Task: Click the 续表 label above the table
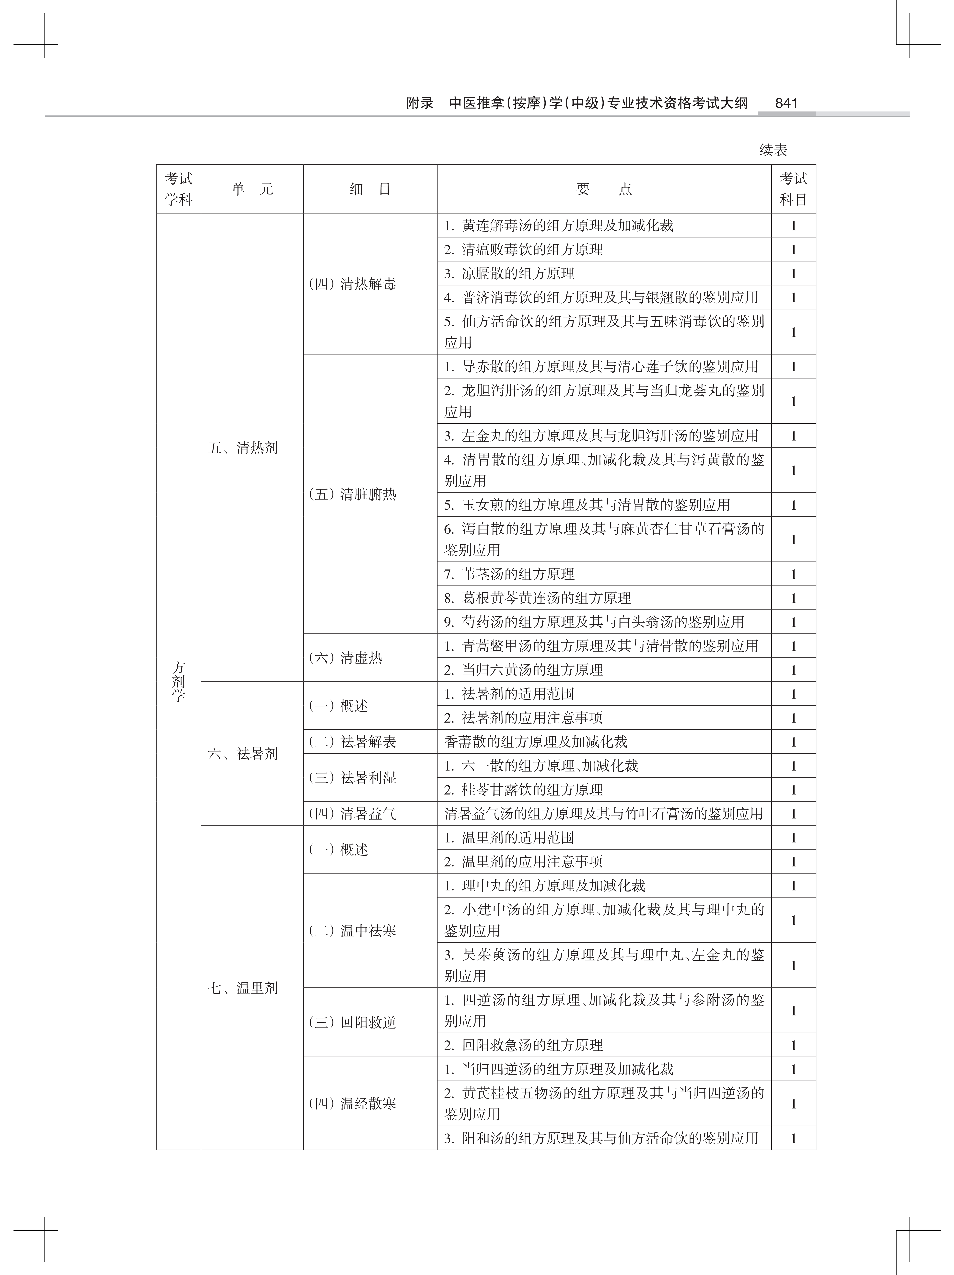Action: tap(773, 150)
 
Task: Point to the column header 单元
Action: tap(252, 189)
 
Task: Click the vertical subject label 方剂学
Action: tap(178, 681)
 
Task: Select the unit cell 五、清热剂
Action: tap(243, 448)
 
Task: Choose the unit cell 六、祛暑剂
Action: tap(243, 753)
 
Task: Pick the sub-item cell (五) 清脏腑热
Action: tap(353, 494)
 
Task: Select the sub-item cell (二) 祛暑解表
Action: tap(353, 742)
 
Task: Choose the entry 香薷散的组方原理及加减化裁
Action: tap(536, 742)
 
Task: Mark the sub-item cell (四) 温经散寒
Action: tap(353, 1103)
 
